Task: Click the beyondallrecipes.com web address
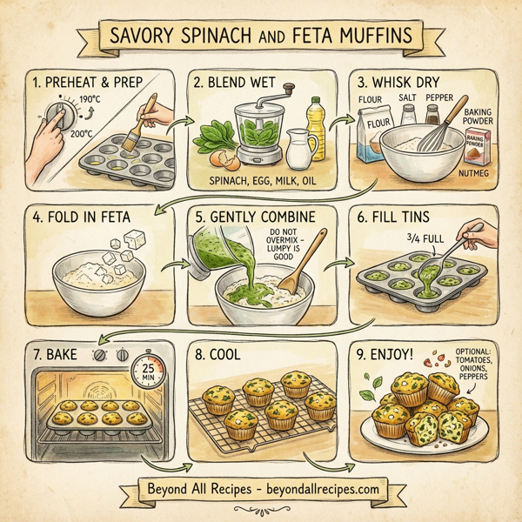click(315, 489)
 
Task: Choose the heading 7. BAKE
click(64, 356)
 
